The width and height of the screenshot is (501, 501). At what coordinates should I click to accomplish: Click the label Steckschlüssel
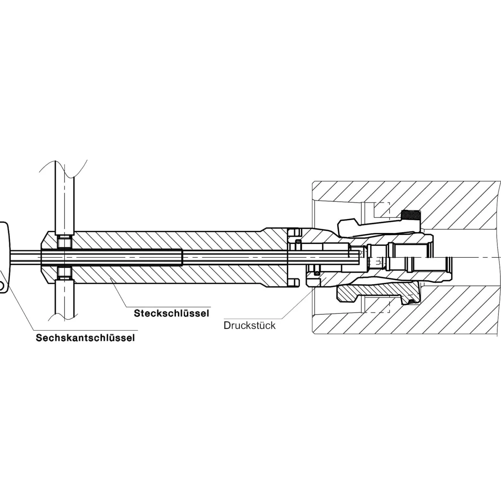171,313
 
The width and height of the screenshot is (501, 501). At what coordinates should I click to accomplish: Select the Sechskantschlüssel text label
85,338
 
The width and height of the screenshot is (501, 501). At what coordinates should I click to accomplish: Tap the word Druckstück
250,325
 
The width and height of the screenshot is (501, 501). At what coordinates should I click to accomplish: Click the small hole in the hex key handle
1,286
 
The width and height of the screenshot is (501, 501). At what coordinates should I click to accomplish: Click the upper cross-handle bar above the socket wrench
64,198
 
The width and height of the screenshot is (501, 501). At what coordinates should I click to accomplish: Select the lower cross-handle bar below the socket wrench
64,298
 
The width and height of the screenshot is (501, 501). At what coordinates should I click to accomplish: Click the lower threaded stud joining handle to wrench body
64,273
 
